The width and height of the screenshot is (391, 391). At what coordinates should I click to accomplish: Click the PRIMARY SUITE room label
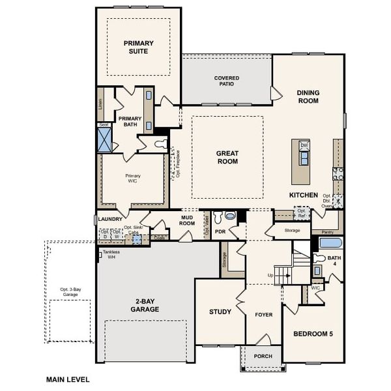(138, 47)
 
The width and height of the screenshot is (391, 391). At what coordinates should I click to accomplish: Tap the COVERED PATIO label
(227, 81)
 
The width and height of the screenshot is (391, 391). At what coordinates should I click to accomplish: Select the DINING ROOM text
(308, 97)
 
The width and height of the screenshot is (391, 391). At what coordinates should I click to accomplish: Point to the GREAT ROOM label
(227, 158)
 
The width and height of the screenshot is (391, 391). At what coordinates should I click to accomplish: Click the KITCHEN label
(304, 195)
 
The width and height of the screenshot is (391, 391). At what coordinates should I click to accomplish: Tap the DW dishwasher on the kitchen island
(303, 145)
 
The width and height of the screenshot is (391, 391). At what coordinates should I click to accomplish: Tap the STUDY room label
(220, 311)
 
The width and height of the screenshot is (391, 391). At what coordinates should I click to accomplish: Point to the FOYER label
(263, 315)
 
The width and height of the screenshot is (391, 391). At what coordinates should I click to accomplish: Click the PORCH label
(263, 356)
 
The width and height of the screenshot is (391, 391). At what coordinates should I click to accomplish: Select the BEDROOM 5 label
(313, 334)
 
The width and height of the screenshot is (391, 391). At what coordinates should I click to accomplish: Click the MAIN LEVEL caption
(67, 379)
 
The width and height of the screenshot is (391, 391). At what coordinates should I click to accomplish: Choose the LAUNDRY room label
(111, 220)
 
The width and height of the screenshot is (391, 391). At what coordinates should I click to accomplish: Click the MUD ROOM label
(187, 220)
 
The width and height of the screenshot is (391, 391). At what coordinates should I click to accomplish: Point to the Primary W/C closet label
(134, 179)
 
